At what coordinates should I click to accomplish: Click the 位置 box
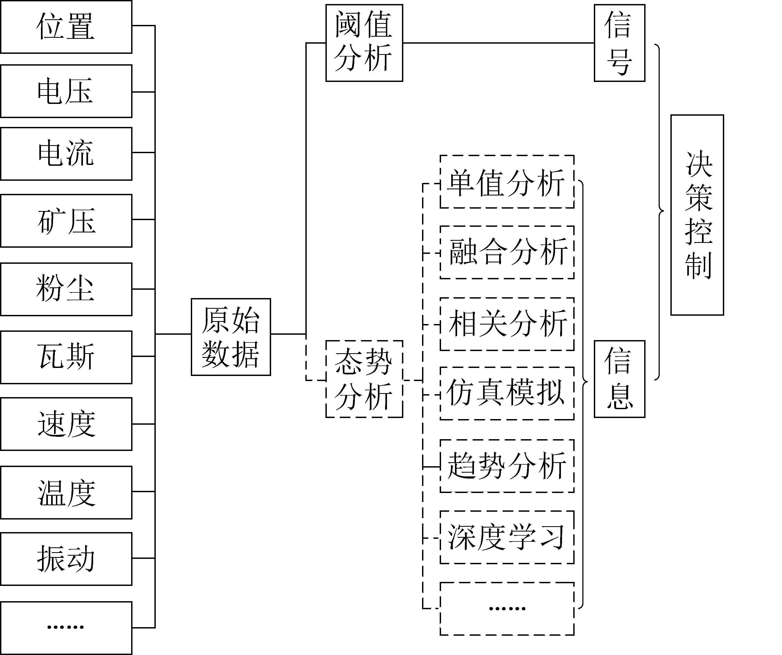[66, 27]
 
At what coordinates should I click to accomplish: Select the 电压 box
[66, 91]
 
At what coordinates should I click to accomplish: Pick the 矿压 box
[66, 221]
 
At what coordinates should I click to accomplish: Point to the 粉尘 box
[66, 289]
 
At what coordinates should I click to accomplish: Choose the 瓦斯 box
[66, 357]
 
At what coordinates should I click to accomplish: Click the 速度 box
[66, 424]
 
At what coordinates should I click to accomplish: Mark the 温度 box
[66, 492]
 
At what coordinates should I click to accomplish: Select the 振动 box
[66, 559]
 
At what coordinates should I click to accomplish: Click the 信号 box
[619, 43]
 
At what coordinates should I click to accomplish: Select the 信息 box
[619, 379]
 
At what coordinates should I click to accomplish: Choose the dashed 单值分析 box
[507, 182]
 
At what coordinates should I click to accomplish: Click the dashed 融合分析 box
[507, 252]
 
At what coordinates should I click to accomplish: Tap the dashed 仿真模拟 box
[507, 393]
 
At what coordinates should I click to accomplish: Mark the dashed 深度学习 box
[507, 537]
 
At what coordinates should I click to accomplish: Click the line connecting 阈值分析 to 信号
[498, 43]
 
